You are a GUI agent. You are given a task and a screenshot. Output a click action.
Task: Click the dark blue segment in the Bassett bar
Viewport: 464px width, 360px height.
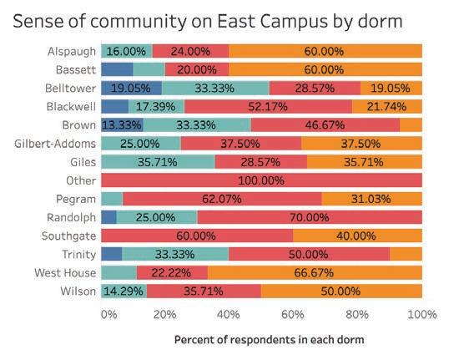(x=117, y=69)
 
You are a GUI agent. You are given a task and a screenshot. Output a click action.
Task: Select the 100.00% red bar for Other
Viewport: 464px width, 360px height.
(x=261, y=180)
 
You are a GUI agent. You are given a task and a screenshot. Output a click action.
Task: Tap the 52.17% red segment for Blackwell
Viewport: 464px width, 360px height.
(x=268, y=106)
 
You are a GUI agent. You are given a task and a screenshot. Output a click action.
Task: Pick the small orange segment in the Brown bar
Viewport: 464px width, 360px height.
(x=411, y=124)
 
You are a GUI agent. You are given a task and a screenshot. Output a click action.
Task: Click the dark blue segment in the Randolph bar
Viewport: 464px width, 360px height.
(x=108, y=217)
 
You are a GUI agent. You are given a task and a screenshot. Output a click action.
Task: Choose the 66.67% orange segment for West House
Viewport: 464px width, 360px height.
(x=315, y=272)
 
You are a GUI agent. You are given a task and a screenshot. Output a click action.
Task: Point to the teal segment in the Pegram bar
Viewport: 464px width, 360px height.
(x=112, y=199)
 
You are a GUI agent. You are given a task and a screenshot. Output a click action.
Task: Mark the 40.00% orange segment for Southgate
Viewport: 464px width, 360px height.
(x=358, y=236)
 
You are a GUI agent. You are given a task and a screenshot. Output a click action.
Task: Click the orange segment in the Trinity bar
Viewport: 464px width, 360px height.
(x=406, y=254)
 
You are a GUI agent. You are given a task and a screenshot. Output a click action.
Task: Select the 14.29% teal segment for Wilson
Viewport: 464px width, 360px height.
(x=124, y=291)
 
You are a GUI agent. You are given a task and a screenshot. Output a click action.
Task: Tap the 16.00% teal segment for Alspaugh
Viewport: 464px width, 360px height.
(x=127, y=51)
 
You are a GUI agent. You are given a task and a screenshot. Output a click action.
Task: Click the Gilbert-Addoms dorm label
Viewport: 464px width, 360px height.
(x=55, y=144)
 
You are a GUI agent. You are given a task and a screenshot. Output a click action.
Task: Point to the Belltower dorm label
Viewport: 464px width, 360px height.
(x=70, y=89)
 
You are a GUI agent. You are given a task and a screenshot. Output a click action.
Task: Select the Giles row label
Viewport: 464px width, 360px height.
(x=83, y=162)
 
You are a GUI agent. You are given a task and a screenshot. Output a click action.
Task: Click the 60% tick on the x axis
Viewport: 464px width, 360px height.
(x=293, y=314)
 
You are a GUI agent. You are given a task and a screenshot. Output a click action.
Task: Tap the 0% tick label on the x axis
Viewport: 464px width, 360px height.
(x=108, y=314)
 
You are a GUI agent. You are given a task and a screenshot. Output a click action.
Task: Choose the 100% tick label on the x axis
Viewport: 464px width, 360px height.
(x=422, y=314)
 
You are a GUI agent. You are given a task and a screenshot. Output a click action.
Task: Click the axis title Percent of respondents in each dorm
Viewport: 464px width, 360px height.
(x=270, y=340)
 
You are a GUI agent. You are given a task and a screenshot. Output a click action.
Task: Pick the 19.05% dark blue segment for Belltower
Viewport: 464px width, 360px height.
(x=131, y=88)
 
